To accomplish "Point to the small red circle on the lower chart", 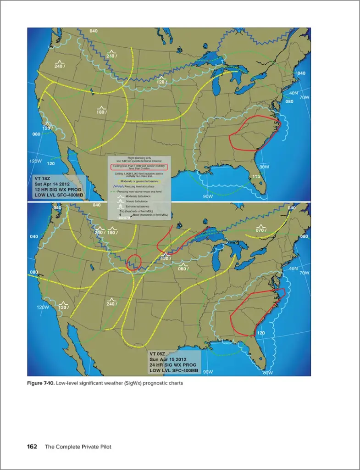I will (x=134, y=261).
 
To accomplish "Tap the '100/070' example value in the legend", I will (x=123, y=217).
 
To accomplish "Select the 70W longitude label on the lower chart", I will (x=304, y=273).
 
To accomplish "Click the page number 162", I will (x=32, y=447).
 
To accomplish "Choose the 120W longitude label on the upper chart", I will (x=36, y=162).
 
